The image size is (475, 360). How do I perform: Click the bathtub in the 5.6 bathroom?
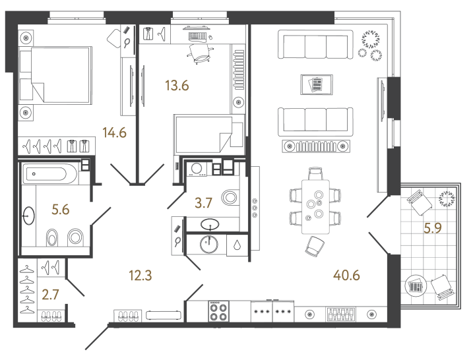pyautogui.click(x=49, y=175)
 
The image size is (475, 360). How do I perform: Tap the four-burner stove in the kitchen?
pyautogui.click(x=219, y=311)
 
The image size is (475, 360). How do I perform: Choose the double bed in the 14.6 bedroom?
pyautogui.click(x=55, y=74)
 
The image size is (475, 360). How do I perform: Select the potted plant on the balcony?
pyautogui.click(x=447, y=196)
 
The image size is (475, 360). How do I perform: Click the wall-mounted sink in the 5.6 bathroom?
pyautogui.click(x=28, y=215)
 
